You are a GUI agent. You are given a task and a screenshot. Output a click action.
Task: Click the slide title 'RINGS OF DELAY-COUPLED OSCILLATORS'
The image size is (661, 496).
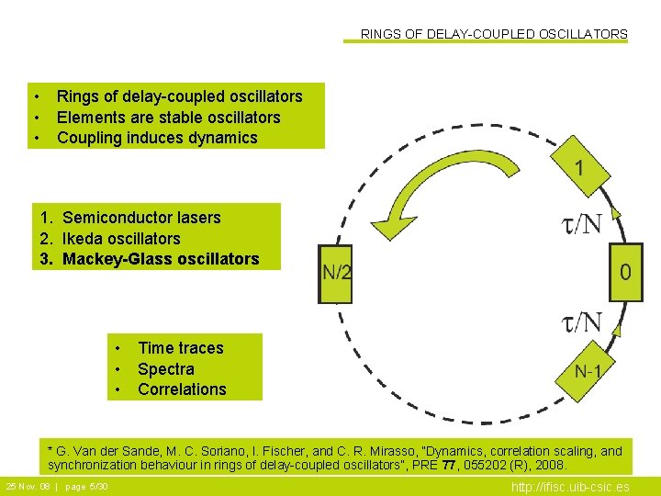click(x=494, y=34)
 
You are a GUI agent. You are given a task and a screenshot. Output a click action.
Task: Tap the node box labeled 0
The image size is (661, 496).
click(x=625, y=272)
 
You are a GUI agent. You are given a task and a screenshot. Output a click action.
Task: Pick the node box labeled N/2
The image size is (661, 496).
click(x=336, y=273)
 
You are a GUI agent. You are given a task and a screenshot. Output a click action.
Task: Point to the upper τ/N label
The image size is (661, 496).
click(x=581, y=224)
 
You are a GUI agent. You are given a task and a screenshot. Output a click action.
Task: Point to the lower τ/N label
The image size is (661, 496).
click(x=581, y=322)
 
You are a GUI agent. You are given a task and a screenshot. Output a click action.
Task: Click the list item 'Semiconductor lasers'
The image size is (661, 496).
click(x=141, y=218)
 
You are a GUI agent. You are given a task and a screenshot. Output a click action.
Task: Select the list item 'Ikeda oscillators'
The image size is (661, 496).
click(x=121, y=239)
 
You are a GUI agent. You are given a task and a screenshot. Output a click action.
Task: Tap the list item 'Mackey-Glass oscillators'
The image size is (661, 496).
click(x=161, y=259)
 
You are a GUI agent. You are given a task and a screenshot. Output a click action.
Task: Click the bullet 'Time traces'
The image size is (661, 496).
click(x=180, y=348)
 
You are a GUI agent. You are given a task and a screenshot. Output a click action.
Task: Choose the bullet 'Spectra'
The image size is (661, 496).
click(x=166, y=369)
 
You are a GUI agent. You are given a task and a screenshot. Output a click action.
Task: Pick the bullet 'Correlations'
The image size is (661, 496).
click(x=182, y=389)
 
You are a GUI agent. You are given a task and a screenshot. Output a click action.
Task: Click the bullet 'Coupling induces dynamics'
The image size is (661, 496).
click(x=157, y=138)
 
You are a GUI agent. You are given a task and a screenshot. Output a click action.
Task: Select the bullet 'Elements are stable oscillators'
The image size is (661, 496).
click(x=168, y=118)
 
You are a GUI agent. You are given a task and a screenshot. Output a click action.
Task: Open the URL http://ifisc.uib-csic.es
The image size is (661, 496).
click(x=570, y=487)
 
